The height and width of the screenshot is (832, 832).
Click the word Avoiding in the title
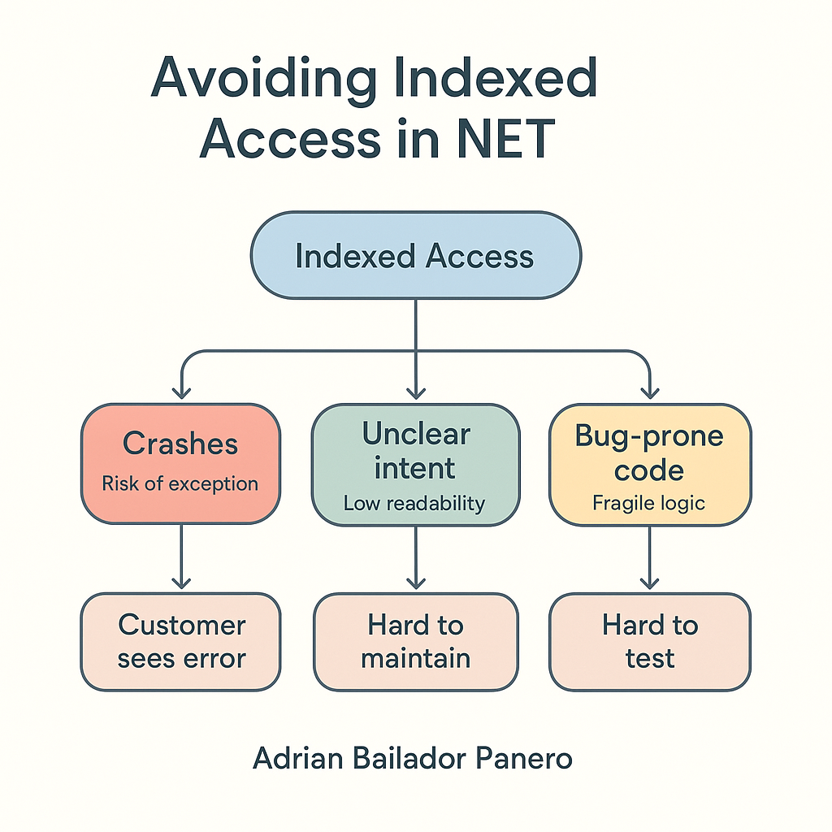click(x=264, y=79)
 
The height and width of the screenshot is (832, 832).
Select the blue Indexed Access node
click(x=416, y=255)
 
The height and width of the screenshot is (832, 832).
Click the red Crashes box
click(x=180, y=464)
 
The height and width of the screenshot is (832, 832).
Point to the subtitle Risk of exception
click(x=180, y=484)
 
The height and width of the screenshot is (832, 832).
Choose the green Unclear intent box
click(x=415, y=465)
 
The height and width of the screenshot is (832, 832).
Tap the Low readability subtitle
click(x=414, y=503)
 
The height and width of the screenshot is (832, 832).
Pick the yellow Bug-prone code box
click(x=650, y=465)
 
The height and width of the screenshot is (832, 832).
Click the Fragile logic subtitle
click(x=648, y=503)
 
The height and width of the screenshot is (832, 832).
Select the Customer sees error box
click(x=180, y=642)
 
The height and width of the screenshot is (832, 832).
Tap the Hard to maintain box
click(x=415, y=642)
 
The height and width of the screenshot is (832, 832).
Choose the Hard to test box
click(x=650, y=642)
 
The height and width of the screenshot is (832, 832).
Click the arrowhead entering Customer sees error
click(x=181, y=583)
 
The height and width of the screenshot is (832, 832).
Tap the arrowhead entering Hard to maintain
click(x=416, y=583)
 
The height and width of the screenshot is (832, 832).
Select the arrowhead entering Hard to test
click(x=649, y=583)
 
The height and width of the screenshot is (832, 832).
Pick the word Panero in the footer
click(x=524, y=758)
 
